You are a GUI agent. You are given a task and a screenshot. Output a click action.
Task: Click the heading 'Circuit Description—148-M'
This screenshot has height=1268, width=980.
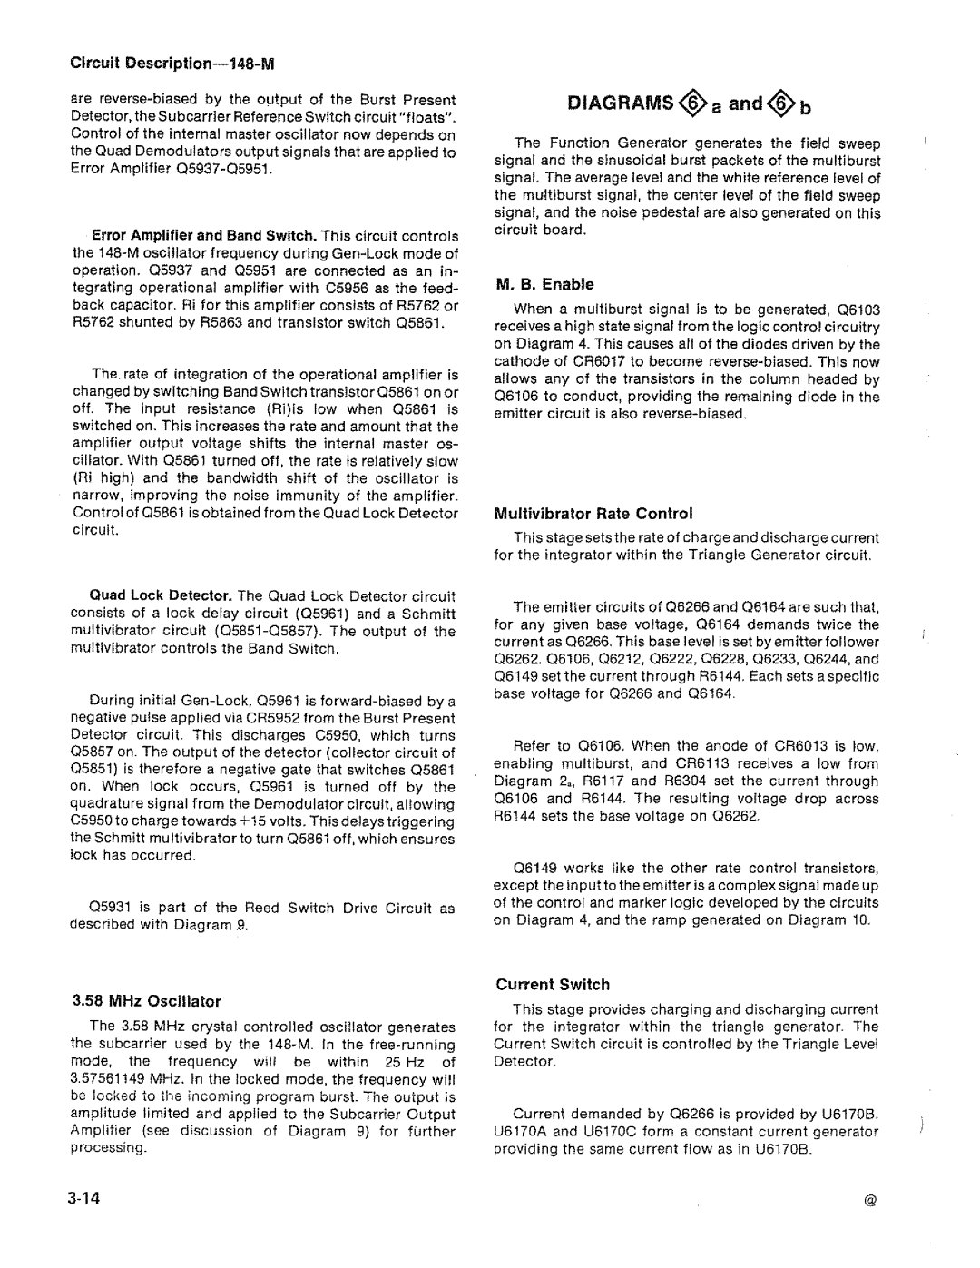(x=172, y=65)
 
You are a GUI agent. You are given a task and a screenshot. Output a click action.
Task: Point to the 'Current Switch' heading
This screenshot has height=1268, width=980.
(x=552, y=985)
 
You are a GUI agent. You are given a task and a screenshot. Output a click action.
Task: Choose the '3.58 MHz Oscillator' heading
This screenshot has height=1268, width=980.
(x=145, y=1002)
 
